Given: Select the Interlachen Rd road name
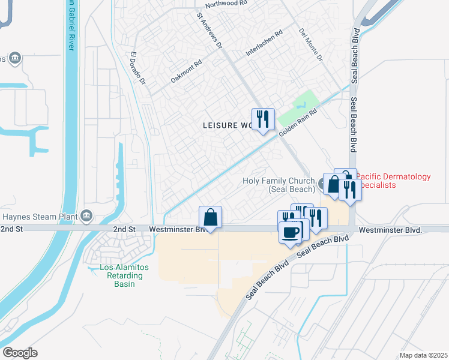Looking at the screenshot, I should [264, 44].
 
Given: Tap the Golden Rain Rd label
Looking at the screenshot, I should [297, 121].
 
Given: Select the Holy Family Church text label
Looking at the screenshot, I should [278, 185].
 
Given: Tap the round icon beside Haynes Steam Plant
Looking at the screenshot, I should [86, 215].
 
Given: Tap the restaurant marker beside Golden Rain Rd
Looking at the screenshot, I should [262, 119].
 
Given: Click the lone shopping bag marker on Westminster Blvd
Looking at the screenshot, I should [210, 218].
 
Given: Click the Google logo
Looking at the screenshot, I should [20, 353].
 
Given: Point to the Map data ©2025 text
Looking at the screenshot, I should [423, 355].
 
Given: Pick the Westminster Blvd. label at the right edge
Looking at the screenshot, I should [391, 230].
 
